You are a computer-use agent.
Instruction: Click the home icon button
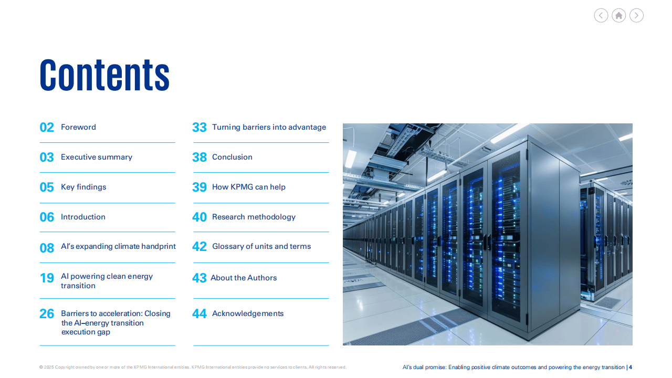click(618, 15)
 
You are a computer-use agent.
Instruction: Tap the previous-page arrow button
click(601, 15)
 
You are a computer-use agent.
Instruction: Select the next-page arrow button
click(636, 15)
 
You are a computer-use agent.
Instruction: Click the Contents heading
click(104, 75)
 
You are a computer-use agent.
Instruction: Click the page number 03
click(47, 157)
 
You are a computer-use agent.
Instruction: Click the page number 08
click(47, 248)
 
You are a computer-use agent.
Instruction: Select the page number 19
click(47, 278)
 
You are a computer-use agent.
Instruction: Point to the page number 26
click(47, 314)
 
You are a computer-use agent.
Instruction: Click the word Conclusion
click(232, 157)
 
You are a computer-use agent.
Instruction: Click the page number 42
click(199, 247)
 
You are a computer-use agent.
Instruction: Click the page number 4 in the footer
click(631, 367)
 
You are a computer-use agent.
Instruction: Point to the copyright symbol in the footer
click(41, 367)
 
